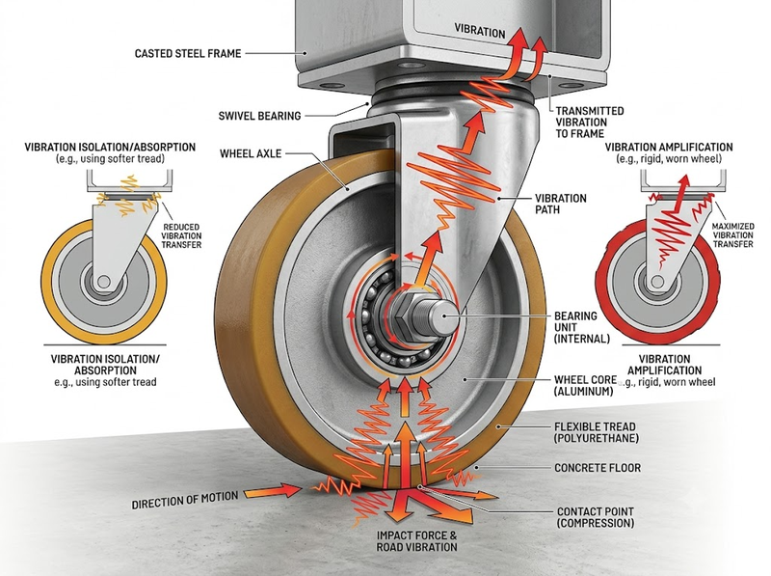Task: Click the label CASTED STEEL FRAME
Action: pyautogui.click(x=188, y=53)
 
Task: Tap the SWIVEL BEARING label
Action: pyautogui.click(x=259, y=116)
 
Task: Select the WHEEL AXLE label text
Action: pyautogui.click(x=251, y=153)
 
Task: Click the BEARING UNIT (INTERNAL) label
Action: pyautogui.click(x=582, y=327)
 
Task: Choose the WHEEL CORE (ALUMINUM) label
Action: pyautogui.click(x=585, y=386)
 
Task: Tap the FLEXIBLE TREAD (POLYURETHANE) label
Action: pyautogui.click(x=596, y=432)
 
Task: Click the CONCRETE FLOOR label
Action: pyautogui.click(x=598, y=468)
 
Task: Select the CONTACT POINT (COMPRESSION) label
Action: pyautogui.click(x=596, y=517)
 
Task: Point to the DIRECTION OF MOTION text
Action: pyautogui.click(x=185, y=499)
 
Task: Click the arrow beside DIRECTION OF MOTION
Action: pyautogui.click(x=273, y=490)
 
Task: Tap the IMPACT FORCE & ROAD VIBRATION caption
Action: pyautogui.click(x=417, y=541)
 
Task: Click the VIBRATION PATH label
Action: pyautogui.click(x=561, y=204)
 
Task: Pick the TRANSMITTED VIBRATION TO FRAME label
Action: pyautogui.click(x=590, y=123)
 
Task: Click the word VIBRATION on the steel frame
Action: pyautogui.click(x=479, y=31)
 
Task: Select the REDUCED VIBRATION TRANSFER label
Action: pyautogui.click(x=181, y=235)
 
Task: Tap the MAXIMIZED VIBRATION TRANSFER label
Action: pyautogui.click(x=732, y=234)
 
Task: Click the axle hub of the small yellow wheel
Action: pyautogui.click(x=104, y=282)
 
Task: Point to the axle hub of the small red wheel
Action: pyautogui.click(x=657, y=282)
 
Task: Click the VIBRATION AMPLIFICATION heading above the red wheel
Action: pyautogui.click(x=669, y=148)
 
